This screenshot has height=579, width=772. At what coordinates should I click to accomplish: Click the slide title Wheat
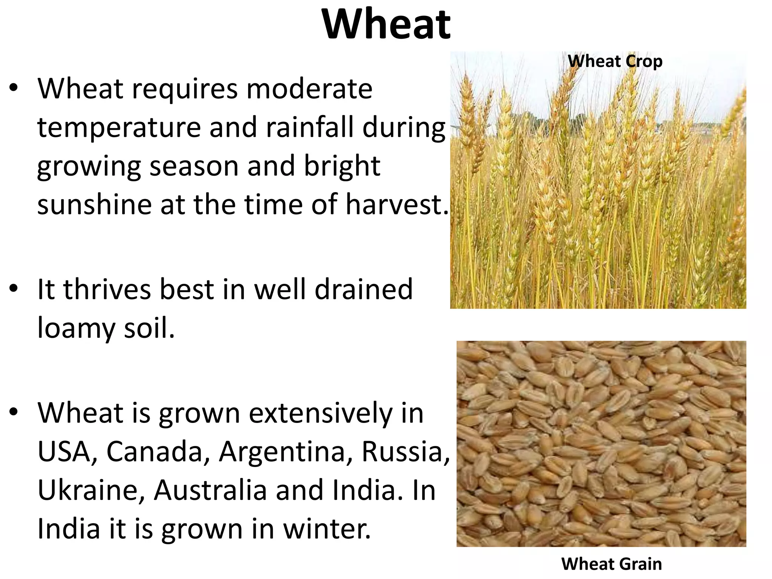pyautogui.click(x=386, y=25)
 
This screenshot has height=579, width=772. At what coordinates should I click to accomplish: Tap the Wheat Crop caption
pyautogui.click(x=615, y=61)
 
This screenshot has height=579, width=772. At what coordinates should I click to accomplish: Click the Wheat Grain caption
pyautogui.click(x=611, y=564)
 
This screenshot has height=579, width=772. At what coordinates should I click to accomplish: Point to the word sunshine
pyautogui.click(x=94, y=204)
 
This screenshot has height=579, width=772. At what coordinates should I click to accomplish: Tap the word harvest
pyautogui.click(x=396, y=204)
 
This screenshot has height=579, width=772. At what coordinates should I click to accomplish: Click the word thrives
pyautogui.click(x=107, y=289)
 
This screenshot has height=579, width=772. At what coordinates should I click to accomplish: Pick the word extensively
pyautogui.click(x=320, y=413)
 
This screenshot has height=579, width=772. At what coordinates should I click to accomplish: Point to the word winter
pyautogui.click(x=326, y=528)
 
